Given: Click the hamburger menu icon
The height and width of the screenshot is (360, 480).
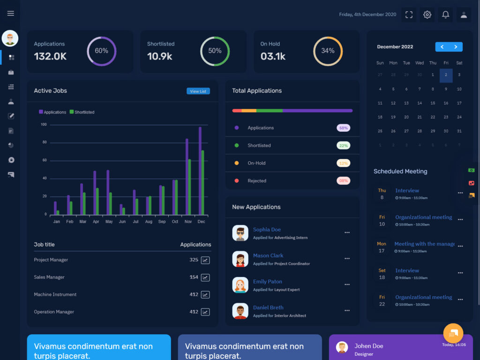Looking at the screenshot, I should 10,14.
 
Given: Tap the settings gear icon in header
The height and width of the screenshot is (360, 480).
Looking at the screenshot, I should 427,15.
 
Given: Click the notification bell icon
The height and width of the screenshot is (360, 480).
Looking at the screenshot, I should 445,15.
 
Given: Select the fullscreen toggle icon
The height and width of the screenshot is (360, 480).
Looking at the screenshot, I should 409,15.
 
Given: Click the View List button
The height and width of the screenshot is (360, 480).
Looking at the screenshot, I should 198,91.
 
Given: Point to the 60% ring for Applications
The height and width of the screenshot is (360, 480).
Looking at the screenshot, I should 102,51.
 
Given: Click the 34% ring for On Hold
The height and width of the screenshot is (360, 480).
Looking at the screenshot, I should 328,51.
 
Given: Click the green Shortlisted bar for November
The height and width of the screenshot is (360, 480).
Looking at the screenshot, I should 189,187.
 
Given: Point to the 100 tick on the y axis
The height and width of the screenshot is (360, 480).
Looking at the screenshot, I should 44,125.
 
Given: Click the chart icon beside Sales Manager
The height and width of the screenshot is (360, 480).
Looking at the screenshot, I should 205,277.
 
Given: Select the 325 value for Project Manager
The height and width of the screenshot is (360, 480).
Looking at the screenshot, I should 194,260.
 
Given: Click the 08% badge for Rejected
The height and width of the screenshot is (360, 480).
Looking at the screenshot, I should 343,181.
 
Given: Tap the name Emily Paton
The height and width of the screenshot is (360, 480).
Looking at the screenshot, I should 268,282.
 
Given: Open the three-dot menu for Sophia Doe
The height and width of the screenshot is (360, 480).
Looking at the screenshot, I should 347,232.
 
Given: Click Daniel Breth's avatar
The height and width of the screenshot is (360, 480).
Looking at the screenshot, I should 240,311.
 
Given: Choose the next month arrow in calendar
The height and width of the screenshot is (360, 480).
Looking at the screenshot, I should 456,47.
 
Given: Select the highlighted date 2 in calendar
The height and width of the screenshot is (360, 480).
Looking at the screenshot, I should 446,75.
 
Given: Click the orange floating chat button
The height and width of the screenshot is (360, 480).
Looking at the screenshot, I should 453,333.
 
